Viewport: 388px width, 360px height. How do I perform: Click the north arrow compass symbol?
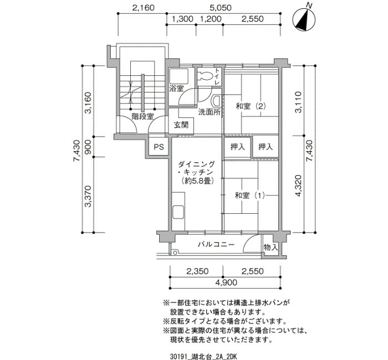[x=304, y=19]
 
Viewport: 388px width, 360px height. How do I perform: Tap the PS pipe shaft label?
[x=159, y=147]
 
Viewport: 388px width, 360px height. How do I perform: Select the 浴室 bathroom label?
[x=176, y=89]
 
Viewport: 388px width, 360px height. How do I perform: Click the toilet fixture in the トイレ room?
[x=205, y=76]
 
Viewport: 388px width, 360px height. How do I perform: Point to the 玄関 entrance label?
[x=181, y=125]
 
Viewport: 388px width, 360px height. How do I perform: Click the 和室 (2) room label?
[x=251, y=106]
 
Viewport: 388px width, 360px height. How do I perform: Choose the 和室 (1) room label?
[x=249, y=196]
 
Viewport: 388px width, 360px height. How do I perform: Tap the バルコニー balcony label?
[x=216, y=245]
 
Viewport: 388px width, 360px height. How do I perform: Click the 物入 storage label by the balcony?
[x=270, y=247]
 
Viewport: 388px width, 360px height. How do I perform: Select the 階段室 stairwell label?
[x=143, y=116]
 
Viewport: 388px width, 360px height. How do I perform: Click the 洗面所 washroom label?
[x=210, y=112]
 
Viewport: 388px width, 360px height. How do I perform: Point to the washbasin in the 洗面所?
[x=216, y=101]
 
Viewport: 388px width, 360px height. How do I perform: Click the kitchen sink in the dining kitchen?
[x=178, y=212]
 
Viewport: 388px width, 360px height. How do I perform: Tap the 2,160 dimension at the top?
[x=143, y=8]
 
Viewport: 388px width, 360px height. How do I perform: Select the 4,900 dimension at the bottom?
[x=226, y=282]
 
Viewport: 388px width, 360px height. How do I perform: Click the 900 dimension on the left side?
[x=88, y=146]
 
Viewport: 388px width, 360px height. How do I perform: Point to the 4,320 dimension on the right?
[x=298, y=186]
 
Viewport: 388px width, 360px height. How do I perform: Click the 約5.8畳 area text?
[x=197, y=181]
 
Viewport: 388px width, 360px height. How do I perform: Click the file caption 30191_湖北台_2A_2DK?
[x=203, y=356]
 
